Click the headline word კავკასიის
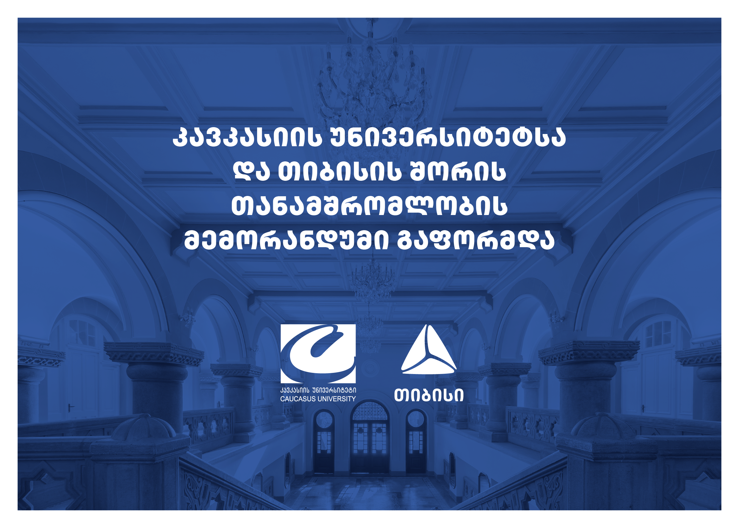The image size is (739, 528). click(247, 138)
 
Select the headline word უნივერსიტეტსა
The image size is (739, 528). click(448, 138)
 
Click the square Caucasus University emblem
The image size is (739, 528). click(318, 353)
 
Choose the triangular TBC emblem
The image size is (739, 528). click(429, 350)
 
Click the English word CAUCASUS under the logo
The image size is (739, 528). click(298, 399)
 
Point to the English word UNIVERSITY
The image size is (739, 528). click(337, 399)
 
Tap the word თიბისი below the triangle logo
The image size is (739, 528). click(429, 395)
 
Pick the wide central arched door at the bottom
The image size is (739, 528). click(370, 437)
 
